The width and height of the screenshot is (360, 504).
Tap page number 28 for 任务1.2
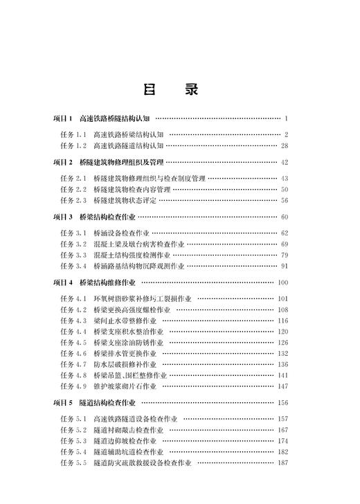coord(284,145)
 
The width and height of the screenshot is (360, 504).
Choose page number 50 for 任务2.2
coord(284,189)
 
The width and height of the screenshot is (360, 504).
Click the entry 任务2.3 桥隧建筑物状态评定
coord(108,200)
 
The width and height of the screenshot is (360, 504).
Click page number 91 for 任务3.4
coord(284,265)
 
